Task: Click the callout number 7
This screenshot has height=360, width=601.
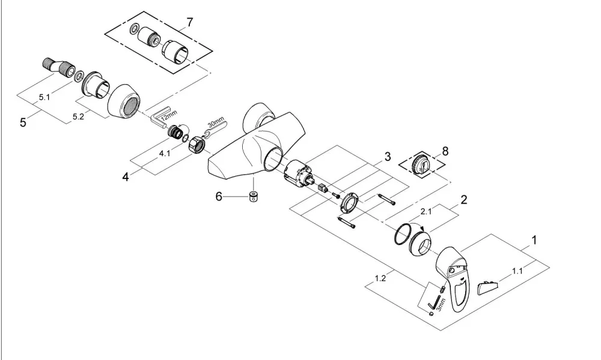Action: click(x=190, y=23)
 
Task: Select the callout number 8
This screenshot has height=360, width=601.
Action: click(x=445, y=151)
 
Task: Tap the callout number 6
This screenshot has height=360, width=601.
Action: click(x=219, y=197)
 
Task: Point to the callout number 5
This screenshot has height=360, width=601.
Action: click(x=23, y=123)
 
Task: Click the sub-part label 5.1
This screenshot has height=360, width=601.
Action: click(x=44, y=97)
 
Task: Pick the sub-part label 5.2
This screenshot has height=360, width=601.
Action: click(x=78, y=117)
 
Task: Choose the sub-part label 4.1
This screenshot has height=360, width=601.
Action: click(x=165, y=153)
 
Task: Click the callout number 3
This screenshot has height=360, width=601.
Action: click(x=388, y=156)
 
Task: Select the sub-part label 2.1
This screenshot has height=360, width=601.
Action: click(x=426, y=211)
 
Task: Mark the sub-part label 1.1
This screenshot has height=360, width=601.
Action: click(x=517, y=271)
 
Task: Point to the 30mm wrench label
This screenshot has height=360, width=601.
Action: click(x=215, y=124)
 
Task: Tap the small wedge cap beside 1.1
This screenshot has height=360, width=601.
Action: click(x=488, y=287)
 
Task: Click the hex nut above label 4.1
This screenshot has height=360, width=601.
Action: click(x=197, y=144)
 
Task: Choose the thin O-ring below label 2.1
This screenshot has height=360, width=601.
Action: click(x=402, y=233)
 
